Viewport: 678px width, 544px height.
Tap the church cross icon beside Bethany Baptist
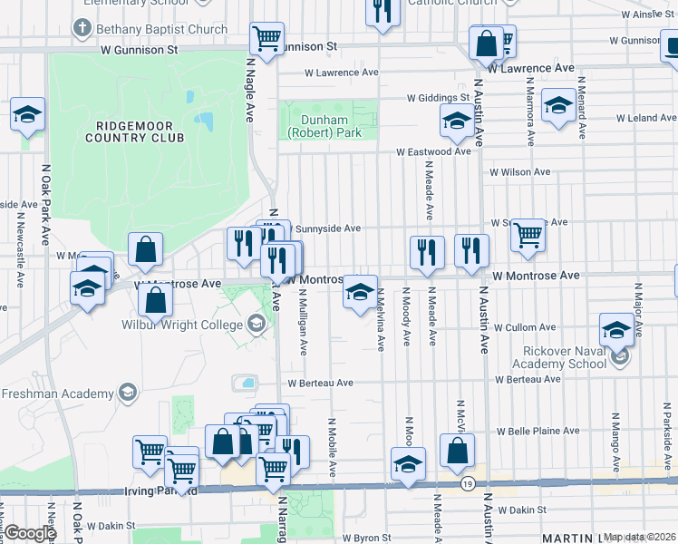click(x=82, y=28)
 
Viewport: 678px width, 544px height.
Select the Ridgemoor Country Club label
click(x=134, y=131)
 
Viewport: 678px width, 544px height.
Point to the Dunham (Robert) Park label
click(x=324, y=126)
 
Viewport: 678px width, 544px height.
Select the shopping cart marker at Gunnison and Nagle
click(x=267, y=39)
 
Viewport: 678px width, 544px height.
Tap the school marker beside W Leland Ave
click(x=558, y=104)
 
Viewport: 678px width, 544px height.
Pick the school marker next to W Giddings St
click(x=457, y=121)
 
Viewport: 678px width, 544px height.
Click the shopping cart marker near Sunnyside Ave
click(x=528, y=235)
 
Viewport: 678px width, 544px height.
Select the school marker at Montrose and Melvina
click(x=360, y=292)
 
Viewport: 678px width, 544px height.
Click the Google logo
click(x=30, y=533)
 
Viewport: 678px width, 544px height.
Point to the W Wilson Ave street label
click(x=519, y=171)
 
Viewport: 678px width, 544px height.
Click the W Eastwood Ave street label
click(x=432, y=152)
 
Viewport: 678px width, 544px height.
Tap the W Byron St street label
click(x=367, y=538)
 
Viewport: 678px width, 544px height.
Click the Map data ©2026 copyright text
click(x=640, y=537)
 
